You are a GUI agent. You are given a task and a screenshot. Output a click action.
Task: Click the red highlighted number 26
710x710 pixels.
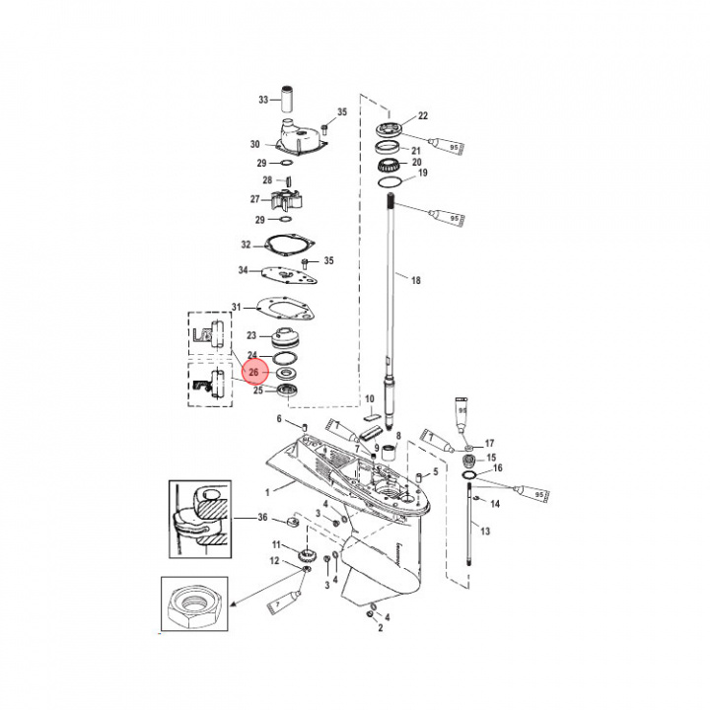[x=253, y=373]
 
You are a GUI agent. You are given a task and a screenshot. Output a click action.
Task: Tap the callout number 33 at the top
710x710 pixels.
[x=263, y=101]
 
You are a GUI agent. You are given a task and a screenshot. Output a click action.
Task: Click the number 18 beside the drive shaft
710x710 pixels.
[x=415, y=281]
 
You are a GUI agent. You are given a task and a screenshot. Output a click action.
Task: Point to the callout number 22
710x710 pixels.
[x=422, y=116]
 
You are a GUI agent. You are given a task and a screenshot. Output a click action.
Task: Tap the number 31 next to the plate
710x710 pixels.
[x=236, y=306]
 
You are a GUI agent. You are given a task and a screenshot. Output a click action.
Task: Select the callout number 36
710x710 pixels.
[x=262, y=518]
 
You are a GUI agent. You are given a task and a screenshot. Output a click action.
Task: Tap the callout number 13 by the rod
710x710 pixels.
[x=484, y=532]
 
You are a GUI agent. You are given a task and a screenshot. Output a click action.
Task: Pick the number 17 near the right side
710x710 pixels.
[x=488, y=443]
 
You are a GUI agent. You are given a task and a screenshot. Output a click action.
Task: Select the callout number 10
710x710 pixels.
[x=370, y=400]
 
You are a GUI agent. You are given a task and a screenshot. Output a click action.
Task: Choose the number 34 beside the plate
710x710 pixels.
[x=244, y=270]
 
